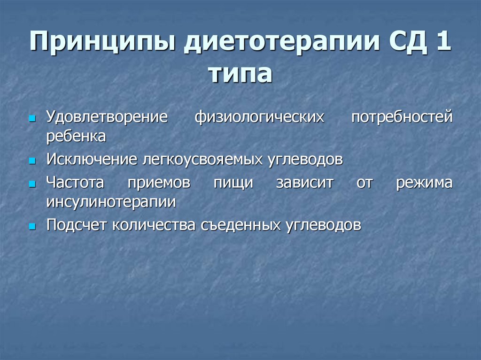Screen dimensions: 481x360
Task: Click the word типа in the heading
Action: coord(240,74)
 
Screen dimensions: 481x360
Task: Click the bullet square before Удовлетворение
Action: coord(32,118)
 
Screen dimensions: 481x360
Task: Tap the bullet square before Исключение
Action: coord(32,161)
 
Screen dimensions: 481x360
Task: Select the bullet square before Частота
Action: coord(32,184)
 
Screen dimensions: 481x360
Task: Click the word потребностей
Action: coord(402,117)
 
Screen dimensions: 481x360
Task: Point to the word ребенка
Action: coord(76,136)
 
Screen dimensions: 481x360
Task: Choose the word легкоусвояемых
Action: coord(203,160)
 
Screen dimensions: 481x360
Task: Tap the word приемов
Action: coord(159,183)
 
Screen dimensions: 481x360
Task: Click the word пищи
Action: coord(233,183)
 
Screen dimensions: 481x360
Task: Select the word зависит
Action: coord(304,183)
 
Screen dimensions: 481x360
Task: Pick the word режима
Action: coord(424,183)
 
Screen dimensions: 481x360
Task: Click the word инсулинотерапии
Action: coord(111,202)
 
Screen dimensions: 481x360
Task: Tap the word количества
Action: coord(154,225)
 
